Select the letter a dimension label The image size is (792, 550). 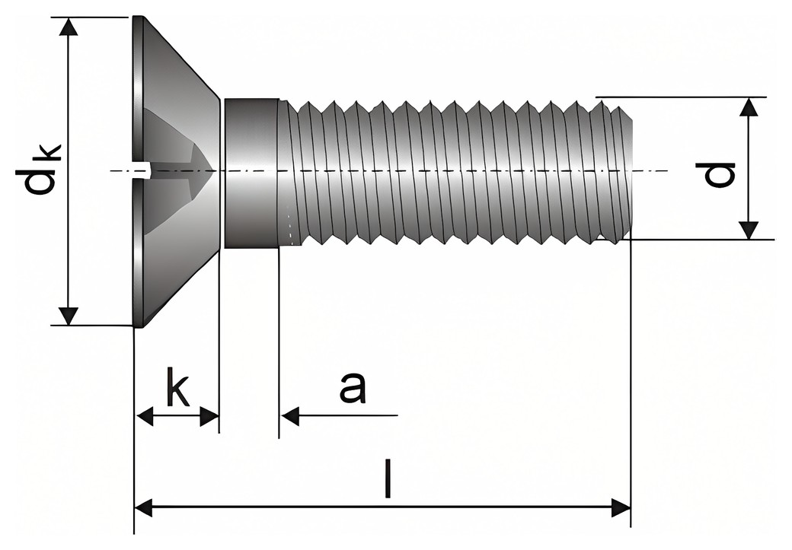pyautogui.click(x=352, y=387)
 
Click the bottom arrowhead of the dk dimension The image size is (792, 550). pyautogui.click(x=69, y=316)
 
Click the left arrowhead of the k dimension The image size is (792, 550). pyautogui.click(x=145, y=417)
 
